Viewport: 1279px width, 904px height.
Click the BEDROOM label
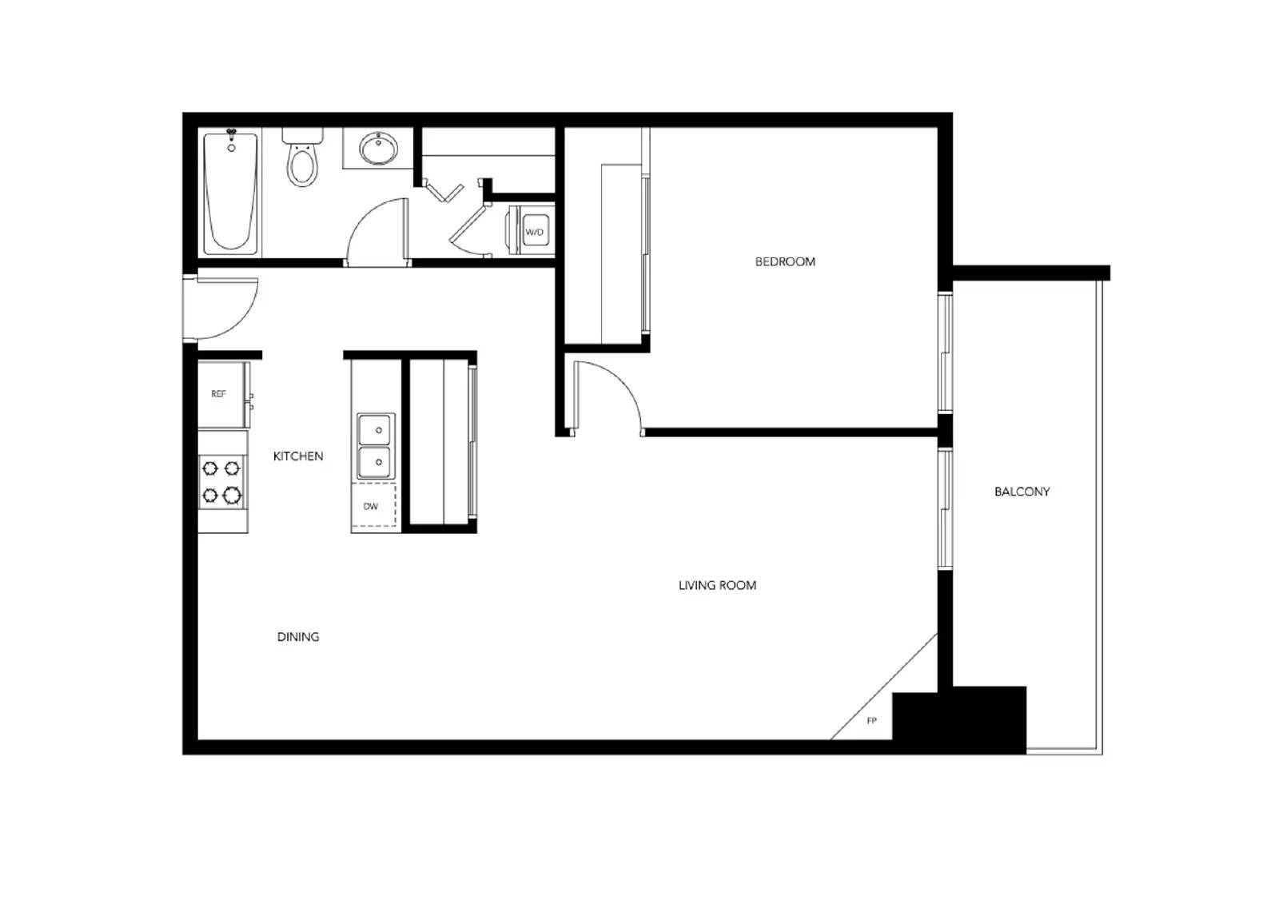[785, 261]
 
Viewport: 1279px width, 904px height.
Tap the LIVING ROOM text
[717, 585]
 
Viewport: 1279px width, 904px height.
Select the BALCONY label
[1022, 492]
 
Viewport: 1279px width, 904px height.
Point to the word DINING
[298, 637]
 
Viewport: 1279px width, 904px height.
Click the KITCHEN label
[298, 456]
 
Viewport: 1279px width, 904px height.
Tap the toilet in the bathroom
[302, 159]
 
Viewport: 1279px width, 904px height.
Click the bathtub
[231, 193]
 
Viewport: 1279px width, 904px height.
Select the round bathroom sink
[378, 149]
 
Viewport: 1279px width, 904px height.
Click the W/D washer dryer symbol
[534, 232]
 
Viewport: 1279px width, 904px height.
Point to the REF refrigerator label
[218, 394]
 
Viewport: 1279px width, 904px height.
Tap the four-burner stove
[221, 482]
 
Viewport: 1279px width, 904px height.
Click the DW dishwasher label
[371, 507]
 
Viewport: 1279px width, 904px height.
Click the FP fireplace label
[871, 721]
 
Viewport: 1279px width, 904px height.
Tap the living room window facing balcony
[945, 509]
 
